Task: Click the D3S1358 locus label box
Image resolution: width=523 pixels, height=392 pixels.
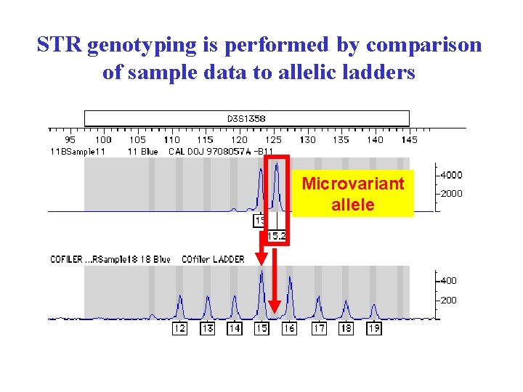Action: (x=246, y=118)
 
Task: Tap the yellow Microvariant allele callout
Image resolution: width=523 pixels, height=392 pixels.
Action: (x=353, y=194)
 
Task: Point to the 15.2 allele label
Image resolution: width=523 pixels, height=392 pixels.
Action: (x=276, y=236)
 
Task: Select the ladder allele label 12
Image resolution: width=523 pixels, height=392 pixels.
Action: (x=180, y=329)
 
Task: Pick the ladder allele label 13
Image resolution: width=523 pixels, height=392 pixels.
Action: (x=208, y=329)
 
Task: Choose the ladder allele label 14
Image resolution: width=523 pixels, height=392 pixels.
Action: (x=235, y=329)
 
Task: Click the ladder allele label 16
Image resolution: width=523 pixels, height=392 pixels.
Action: (x=289, y=329)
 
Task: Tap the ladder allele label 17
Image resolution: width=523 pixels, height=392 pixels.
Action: (x=319, y=329)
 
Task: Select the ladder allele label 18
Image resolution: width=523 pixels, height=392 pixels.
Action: (x=346, y=329)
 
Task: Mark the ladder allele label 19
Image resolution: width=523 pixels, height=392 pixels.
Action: (x=373, y=329)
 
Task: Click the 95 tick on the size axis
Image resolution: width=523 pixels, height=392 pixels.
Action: (x=70, y=139)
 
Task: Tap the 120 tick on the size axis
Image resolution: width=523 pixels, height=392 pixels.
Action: (x=239, y=139)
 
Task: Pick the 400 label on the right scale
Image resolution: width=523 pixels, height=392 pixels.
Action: (x=448, y=281)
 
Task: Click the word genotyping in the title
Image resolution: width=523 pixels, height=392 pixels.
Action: (x=143, y=45)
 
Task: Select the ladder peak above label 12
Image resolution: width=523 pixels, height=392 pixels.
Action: (x=180, y=298)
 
